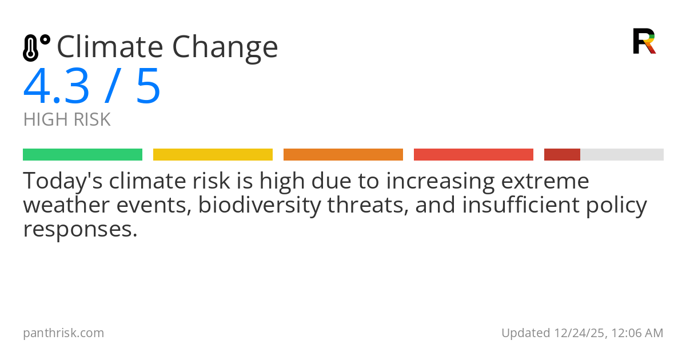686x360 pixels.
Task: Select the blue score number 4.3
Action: (56, 87)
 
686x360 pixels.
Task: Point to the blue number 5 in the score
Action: (148, 87)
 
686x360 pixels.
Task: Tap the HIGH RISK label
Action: (67, 120)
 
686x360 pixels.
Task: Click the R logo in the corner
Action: (644, 41)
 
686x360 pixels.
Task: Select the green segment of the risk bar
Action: (82, 155)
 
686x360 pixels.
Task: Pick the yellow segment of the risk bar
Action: (213, 155)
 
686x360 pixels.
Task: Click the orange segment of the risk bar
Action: (343, 155)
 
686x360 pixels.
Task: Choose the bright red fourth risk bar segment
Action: (473, 155)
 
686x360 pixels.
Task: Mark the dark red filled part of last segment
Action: (562, 155)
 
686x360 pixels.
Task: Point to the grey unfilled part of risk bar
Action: (622, 155)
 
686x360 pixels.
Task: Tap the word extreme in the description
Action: (545, 181)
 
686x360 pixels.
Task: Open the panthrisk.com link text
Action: (63, 333)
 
